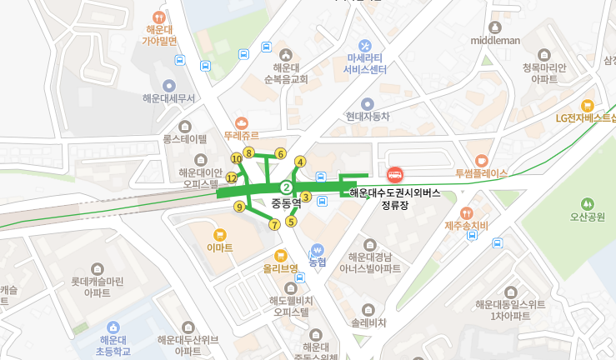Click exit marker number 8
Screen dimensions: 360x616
(248, 151)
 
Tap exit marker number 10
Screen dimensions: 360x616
(237, 158)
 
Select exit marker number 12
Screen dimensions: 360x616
(232, 177)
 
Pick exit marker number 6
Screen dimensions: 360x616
(281, 153)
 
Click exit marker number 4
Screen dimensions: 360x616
(300, 162)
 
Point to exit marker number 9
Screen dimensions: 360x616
(240, 207)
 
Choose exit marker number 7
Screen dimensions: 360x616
(274, 224)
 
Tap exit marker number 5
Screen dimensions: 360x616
(292, 221)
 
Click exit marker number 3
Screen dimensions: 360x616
(306, 197)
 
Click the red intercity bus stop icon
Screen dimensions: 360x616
(395, 175)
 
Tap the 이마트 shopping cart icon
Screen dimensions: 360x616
(220, 234)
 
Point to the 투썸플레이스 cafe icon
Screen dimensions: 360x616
(481, 160)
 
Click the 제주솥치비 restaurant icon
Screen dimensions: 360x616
(466, 212)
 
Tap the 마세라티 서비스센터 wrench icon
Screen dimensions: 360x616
(365, 44)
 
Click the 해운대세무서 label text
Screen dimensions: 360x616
(168, 98)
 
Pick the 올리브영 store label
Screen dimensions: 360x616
(281, 268)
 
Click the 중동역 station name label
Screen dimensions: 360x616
(286, 202)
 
